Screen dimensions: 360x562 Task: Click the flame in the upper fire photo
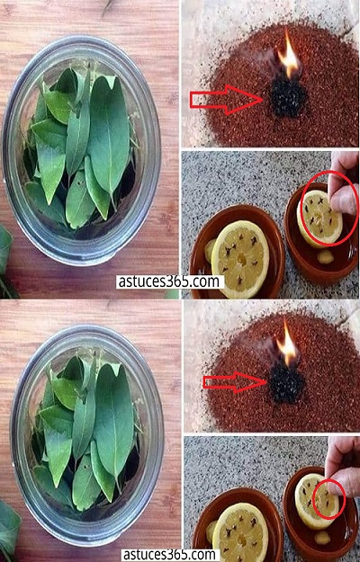click(289, 57)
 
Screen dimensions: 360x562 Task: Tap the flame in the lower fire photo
click(288, 343)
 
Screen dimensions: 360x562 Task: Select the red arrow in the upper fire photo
click(227, 100)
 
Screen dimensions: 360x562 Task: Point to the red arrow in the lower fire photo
click(235, 382)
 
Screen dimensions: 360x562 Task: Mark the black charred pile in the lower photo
click(287, 383)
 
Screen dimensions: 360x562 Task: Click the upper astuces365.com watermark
click(169, 281)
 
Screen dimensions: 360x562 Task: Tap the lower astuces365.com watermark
click(170, 555)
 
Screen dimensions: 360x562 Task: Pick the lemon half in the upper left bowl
click(239, 259)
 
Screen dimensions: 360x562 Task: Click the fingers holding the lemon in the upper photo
click(343, 183)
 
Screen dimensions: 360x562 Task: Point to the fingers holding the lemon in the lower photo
click(341, 466)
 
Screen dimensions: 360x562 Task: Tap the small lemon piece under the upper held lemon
click(325, 257)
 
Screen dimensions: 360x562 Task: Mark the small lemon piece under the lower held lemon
click(323, 539)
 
